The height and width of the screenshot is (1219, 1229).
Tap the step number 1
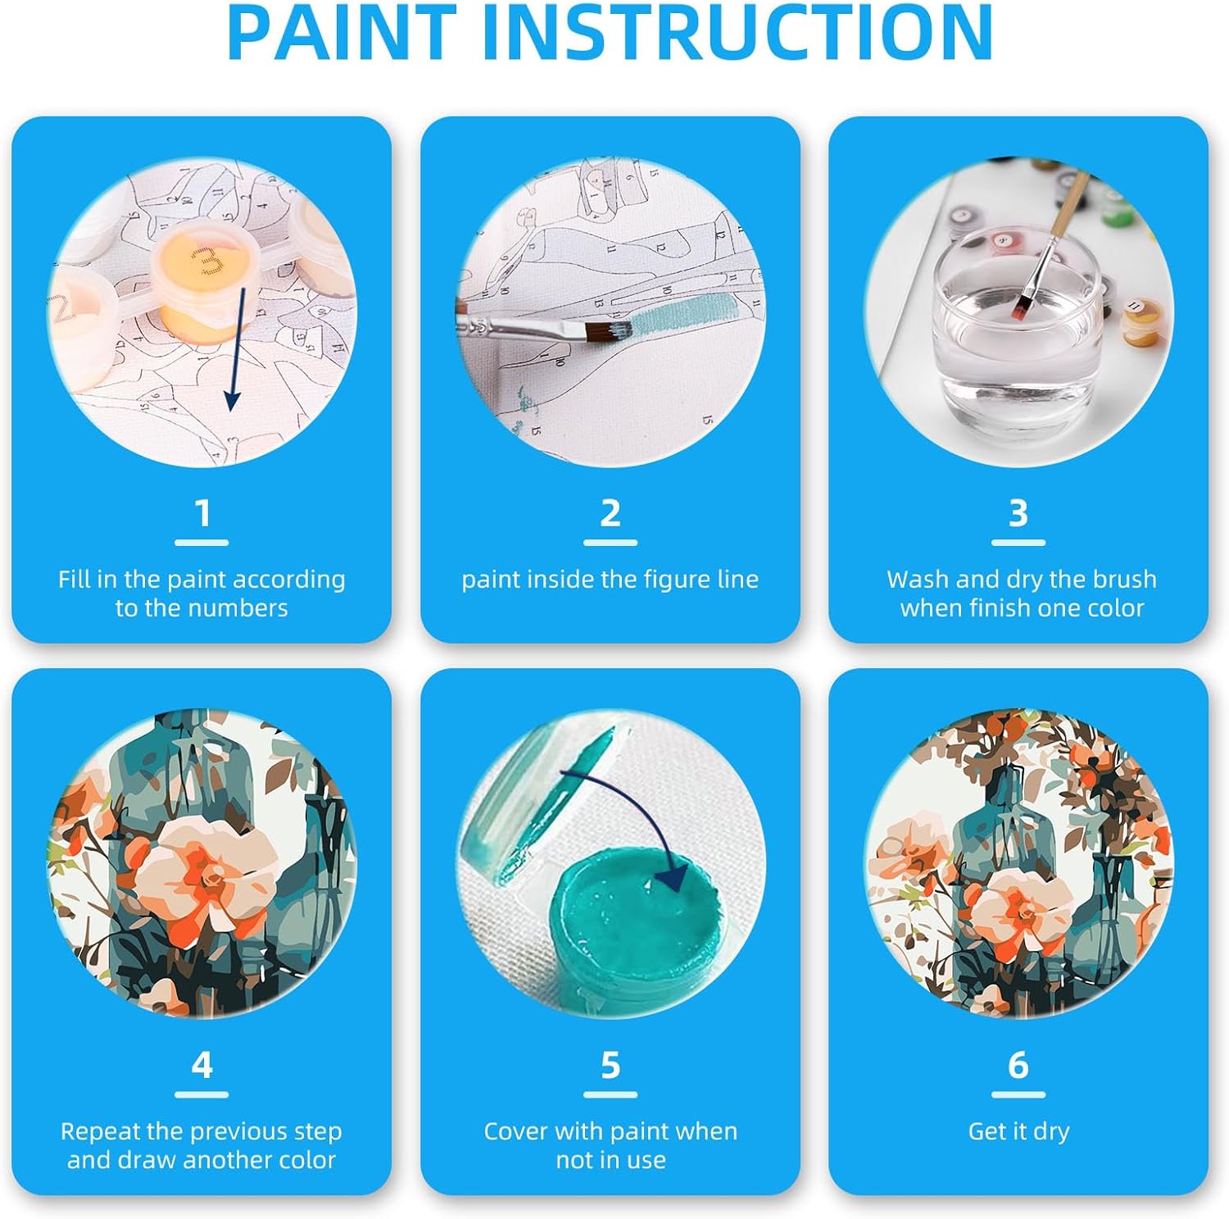click(202, 514)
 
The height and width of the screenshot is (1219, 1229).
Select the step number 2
click(610, 514)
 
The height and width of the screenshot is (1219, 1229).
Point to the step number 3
click(1018, 514)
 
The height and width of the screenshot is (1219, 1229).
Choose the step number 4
click(202, 1065)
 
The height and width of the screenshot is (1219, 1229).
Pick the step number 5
click(610, 1065)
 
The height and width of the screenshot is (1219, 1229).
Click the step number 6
click(1018, 1065)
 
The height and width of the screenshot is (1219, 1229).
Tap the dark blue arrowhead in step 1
click(233, 400)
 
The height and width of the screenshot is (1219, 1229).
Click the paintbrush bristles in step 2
click(609, 331)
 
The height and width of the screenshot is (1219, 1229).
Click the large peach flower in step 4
click(205, 873)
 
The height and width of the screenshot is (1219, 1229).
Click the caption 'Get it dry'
click(1018, 1131)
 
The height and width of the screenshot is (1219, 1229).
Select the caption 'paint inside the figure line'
click(610, 580)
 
